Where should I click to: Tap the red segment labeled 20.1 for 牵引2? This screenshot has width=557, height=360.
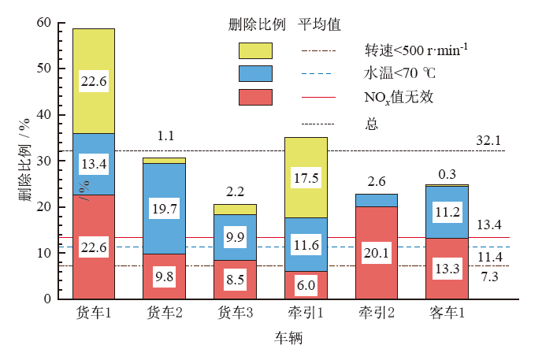[377, 252]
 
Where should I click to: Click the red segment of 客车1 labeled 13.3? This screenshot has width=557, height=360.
[447, 268]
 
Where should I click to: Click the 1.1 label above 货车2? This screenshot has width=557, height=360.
[165, 136]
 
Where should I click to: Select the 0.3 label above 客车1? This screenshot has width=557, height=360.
[447, 173]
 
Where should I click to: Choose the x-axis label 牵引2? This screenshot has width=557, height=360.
[377, 314]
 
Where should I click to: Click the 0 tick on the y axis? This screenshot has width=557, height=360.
[48, 299]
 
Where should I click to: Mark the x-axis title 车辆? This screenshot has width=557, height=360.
[288, 339]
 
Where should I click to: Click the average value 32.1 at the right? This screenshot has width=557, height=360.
[488, 140]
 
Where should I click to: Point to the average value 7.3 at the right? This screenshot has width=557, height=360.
[488, 276]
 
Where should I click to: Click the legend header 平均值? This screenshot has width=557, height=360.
[319, 24]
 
